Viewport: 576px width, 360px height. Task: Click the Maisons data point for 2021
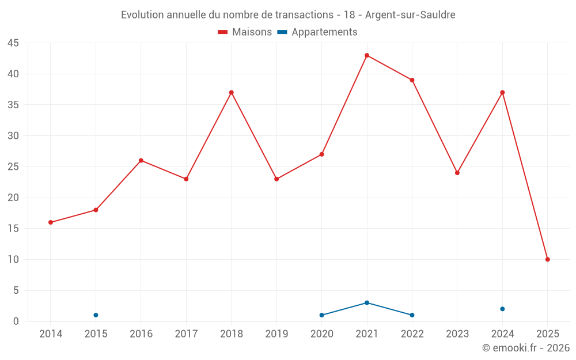click(367, 55)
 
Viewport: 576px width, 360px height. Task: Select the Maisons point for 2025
click(547, 259)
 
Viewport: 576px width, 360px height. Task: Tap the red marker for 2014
click(51, 222)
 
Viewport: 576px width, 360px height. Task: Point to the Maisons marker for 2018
click(231, 92)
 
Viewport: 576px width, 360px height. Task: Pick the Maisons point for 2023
click(457, 173)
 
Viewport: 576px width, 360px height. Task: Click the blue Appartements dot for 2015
click(96, 315)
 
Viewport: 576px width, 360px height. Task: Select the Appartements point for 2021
click(367, 302)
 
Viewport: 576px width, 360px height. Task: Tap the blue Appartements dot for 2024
click(502, 309)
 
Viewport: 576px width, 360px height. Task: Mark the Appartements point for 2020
click(321, 315)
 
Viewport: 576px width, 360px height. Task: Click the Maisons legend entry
click(245, 32)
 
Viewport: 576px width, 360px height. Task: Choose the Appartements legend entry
click(317, 32)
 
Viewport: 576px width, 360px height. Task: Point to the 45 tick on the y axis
click(13, 43)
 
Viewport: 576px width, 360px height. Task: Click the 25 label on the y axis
click(13, 167)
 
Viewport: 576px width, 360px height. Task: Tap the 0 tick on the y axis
click(16, 321)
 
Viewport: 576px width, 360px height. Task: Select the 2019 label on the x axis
click(276, 334)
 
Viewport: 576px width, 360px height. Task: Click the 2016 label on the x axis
click(141, 334)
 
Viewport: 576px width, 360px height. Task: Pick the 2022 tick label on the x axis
click(412, 334)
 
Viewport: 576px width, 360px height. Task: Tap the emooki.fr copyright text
click(525, 348)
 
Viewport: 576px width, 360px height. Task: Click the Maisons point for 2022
click(412, 80)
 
